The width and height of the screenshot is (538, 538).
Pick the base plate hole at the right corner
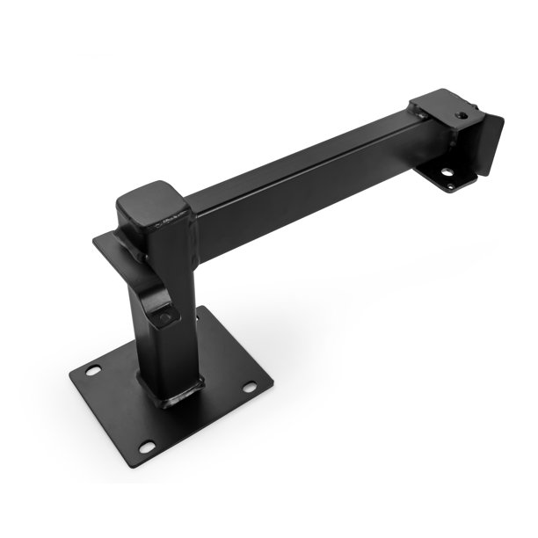[x=250, y=387]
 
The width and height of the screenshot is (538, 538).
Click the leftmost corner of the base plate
[x=71, y=375]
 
